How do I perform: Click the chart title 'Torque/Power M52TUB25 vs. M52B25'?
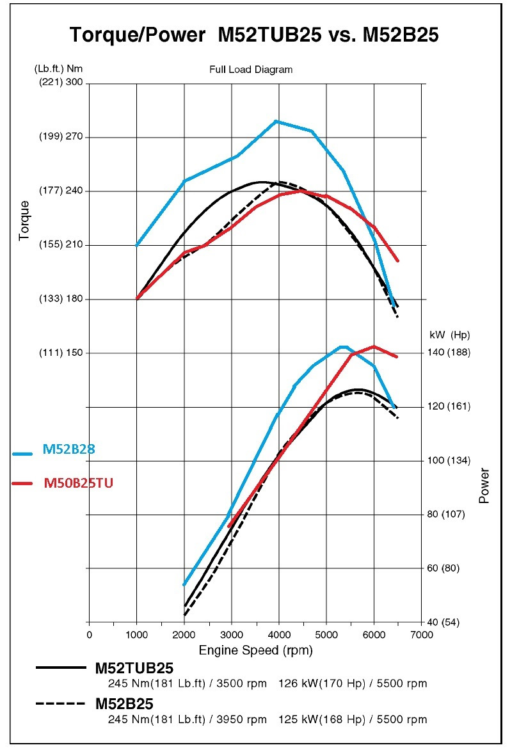click(254, 35)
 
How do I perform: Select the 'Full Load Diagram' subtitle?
click(251, 70)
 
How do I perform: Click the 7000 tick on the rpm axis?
click(421, 634)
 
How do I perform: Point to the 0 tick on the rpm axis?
click(89, 634)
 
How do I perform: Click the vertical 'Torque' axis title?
click(24, 221)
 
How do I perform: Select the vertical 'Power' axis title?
click(484, 486)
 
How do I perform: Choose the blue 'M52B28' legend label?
click(69, 450)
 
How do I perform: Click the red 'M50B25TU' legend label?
click(79, 483)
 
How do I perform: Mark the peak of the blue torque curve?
click(275, 121)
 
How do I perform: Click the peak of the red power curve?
click(374, 346)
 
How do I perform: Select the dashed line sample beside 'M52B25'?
click(61, 704)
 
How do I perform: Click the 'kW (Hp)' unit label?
click(450, 335)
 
